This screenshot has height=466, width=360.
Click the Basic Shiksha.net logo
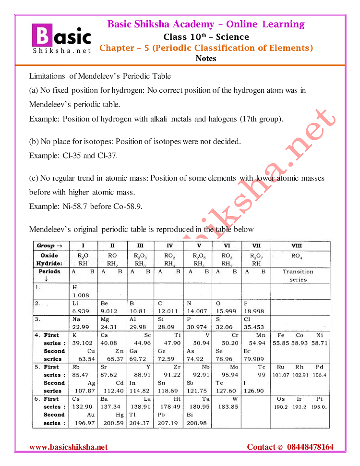[61, 38]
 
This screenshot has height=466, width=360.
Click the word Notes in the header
[206, 59]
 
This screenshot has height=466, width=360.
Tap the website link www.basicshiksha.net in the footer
[69, 447]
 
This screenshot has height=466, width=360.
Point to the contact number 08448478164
[310, 447]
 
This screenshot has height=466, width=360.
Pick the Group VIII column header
[297, 245]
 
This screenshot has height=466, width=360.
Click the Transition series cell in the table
[298, 275]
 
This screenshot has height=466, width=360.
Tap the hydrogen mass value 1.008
[81, 295]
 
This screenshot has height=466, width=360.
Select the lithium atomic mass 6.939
[81, 311]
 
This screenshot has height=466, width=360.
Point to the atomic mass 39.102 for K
[82, 343]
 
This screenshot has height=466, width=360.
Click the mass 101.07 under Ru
[281, 375]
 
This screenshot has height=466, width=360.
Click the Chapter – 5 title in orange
[206, 48]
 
